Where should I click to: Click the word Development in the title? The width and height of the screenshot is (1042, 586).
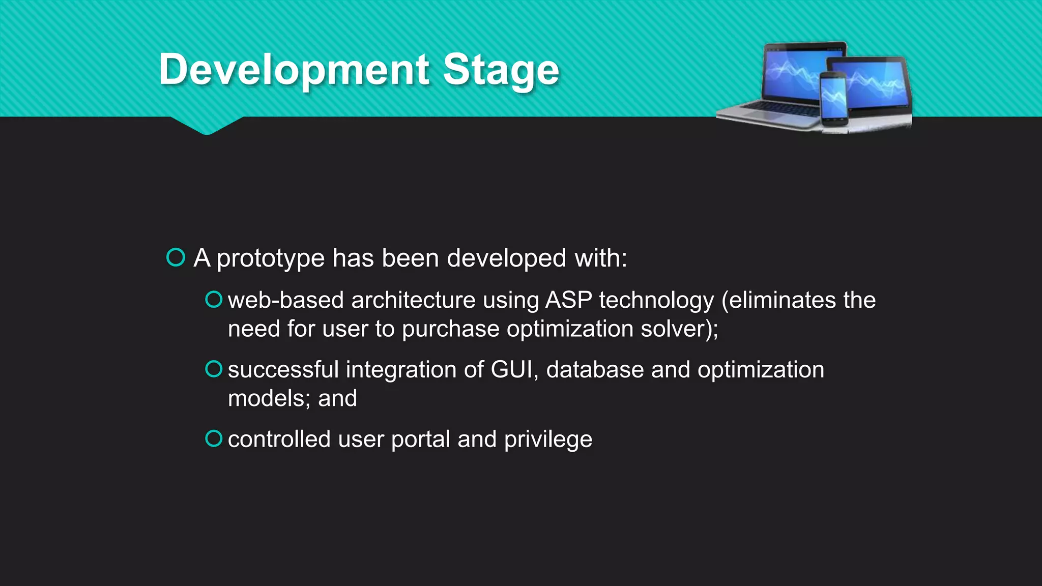[294, 70]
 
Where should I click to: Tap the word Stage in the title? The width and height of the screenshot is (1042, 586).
[501, 70]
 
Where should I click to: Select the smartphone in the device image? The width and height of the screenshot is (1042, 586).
[833, 99]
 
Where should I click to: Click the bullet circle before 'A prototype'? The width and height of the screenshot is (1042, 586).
[176, 257]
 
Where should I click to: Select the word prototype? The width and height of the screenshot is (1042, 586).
[271, 258]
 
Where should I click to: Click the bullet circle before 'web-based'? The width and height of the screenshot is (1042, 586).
[214, 300]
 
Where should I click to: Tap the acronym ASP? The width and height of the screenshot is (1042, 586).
[568, 300]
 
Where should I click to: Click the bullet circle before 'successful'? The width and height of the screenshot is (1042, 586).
[214, 369]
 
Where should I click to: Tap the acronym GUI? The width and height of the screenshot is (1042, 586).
[513, 370]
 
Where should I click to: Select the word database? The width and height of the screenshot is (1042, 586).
[595, 370]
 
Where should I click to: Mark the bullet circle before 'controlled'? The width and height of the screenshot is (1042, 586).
[214, 438]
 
